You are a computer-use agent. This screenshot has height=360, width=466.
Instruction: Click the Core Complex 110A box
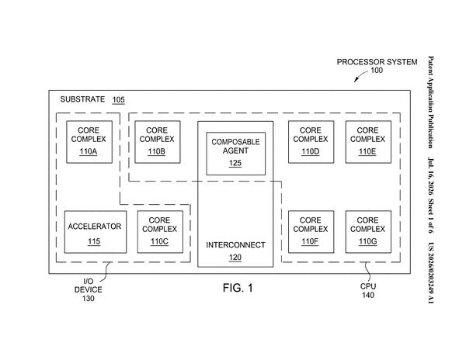(89, 142)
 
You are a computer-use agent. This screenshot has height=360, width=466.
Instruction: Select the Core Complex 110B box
(158, 142)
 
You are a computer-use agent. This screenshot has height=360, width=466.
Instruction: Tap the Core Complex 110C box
(160, 232)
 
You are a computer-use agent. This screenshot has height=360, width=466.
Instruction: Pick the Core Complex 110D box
(311, 142)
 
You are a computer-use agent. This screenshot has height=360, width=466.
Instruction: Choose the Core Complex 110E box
(368, 142)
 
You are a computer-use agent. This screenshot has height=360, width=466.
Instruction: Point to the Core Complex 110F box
(311, 232)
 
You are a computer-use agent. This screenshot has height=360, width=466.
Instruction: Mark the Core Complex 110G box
(368, 232)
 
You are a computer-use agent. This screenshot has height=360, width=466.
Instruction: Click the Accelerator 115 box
(96, 232)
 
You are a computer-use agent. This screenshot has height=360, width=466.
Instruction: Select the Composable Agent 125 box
(235, 154)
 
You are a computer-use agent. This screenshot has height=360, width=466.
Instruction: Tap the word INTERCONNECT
(235, 245)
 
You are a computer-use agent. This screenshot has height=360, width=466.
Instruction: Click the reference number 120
(235, 258)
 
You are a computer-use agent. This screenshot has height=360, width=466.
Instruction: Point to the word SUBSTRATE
(82, 99)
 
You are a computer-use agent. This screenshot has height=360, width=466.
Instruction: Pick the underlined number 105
(118, 100)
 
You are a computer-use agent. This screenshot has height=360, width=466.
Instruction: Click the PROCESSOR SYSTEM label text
(377, 62)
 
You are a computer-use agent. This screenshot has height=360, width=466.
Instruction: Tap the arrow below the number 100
(360, 76)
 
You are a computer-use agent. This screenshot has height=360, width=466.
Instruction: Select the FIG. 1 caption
(238, 288)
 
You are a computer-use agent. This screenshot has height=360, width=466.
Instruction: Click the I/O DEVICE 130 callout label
(89, 289)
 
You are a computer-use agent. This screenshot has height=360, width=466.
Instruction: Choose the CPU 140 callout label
(368, 290)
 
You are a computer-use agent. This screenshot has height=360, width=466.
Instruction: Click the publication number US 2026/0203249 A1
(430, 273)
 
